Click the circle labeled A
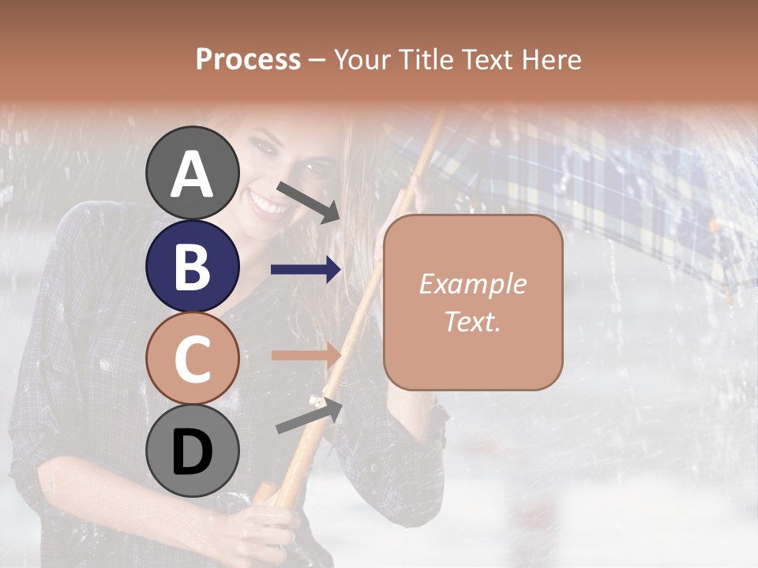(192, 173)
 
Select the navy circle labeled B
(192, 267)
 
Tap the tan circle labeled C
(192, 359)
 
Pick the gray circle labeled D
(192, 451)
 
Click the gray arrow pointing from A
(308, 201)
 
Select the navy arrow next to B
(306, 270)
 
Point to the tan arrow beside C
(306, 355)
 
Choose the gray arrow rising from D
(309, 417)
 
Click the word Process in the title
(248, 60)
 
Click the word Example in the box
(472, 284)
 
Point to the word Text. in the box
(472, 322)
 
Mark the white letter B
(192, 267)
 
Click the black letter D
(192, 452)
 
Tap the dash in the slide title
(317, 61)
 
